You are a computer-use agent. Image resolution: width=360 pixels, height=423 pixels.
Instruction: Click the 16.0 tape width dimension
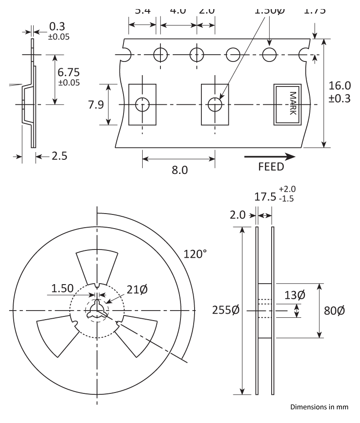click(x=340, y=86)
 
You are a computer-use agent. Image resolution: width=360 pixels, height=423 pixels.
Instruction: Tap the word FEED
click(x=271, y=167)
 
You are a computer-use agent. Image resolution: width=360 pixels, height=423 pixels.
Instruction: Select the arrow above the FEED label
click(x=269, y=157)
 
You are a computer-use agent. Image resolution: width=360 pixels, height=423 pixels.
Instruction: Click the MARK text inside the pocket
click(x=293, y=104)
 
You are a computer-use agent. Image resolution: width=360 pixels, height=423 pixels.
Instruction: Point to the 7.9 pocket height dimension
click(x=97, y=105)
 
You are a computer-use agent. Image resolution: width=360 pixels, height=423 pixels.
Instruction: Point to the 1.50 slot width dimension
click(x=63, y=288)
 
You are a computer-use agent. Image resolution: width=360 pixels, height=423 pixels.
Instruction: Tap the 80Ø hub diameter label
click(x=334, y=311)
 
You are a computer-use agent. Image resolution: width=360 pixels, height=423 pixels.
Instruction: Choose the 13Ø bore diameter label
click(x=295, y=295)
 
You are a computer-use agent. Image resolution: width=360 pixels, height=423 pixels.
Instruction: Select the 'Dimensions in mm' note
click(x=319, y=407)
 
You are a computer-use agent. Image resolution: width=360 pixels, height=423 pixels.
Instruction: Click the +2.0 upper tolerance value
click(x=287, y=189)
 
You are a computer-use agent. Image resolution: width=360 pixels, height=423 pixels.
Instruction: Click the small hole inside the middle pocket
click(x=215, y=104)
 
